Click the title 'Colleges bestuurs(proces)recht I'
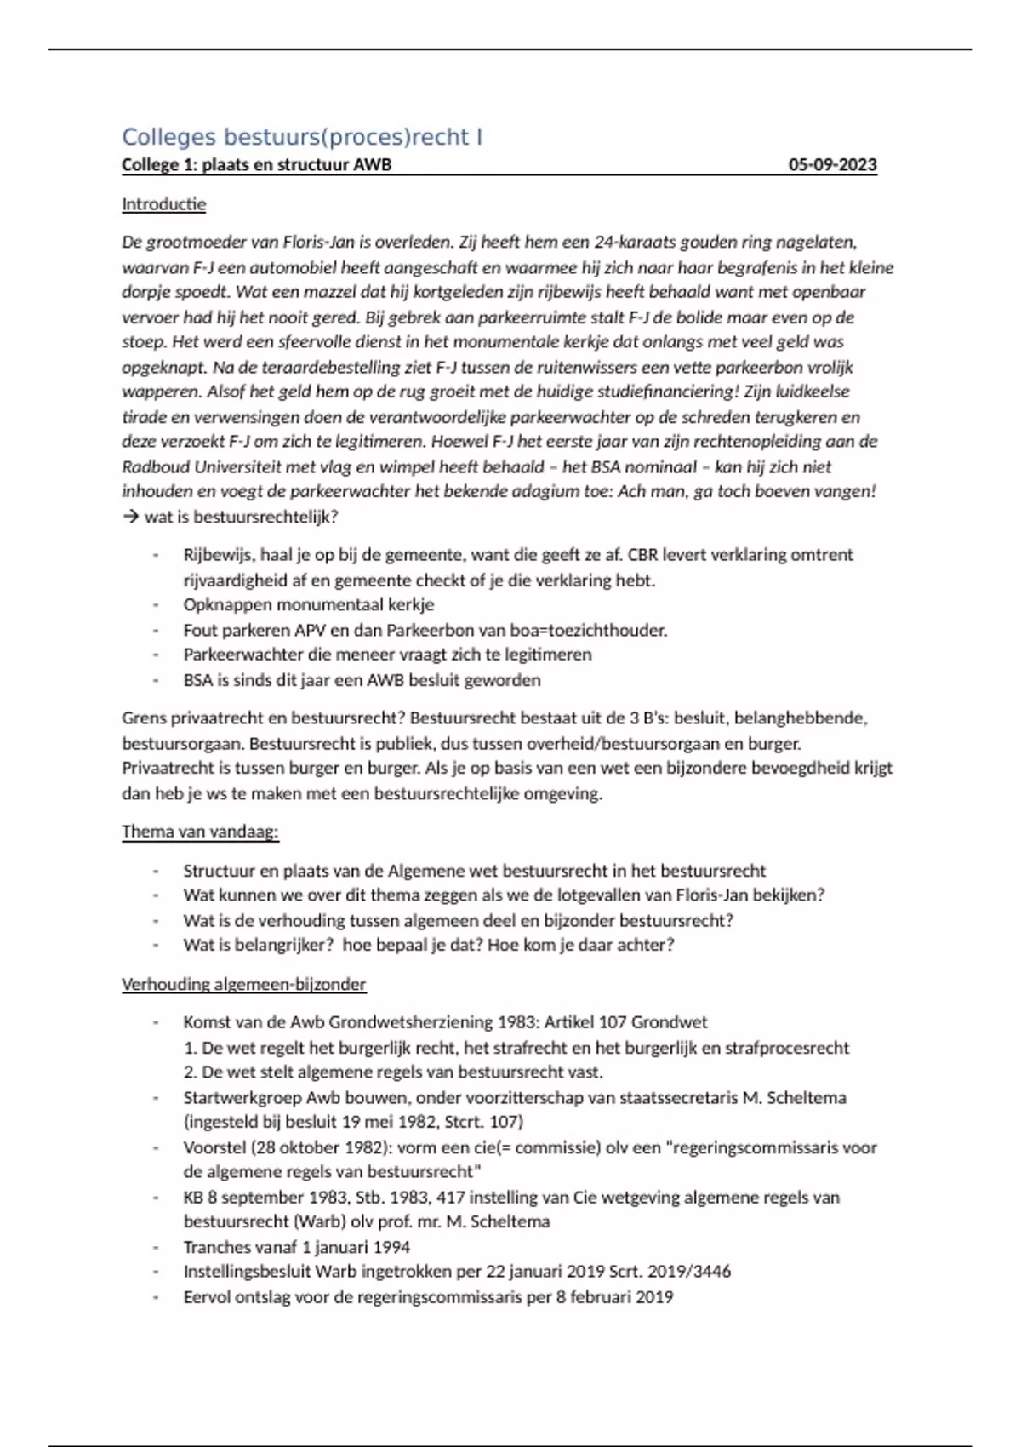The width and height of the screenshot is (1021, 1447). click(302, 137)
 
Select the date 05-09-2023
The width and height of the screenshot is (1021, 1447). click(832, 165)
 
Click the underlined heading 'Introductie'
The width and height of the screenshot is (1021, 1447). click(163, 204)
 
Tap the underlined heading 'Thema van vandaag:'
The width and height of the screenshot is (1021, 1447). click(200, 832)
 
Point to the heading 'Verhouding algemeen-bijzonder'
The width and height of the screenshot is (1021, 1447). click(243, 984)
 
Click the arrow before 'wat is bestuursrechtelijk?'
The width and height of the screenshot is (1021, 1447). click(130, 517)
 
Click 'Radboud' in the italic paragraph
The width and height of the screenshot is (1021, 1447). click(157, 467)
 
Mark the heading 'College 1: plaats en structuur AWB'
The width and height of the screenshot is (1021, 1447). click(256, 165)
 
